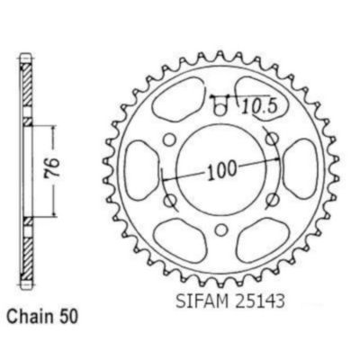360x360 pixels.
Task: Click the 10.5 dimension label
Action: click(x=258, y=107)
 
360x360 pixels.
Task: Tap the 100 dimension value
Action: click(x=222, y=171)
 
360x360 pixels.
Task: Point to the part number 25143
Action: click(x=258, y=301)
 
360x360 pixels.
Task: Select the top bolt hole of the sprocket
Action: click(x=220, y=111)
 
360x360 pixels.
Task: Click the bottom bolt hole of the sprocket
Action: click(x=221, y=230)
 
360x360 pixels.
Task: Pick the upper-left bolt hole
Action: click(x=169, y=139)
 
